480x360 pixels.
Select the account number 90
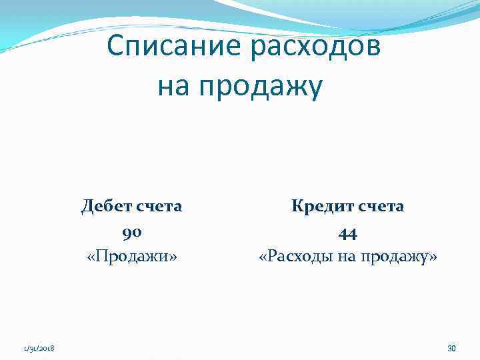pos(131,232)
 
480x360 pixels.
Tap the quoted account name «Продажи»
pos(131,257)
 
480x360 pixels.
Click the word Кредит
pos(319,207)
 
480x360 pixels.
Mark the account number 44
pos(347,232)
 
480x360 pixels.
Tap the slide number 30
pos(451,348)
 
